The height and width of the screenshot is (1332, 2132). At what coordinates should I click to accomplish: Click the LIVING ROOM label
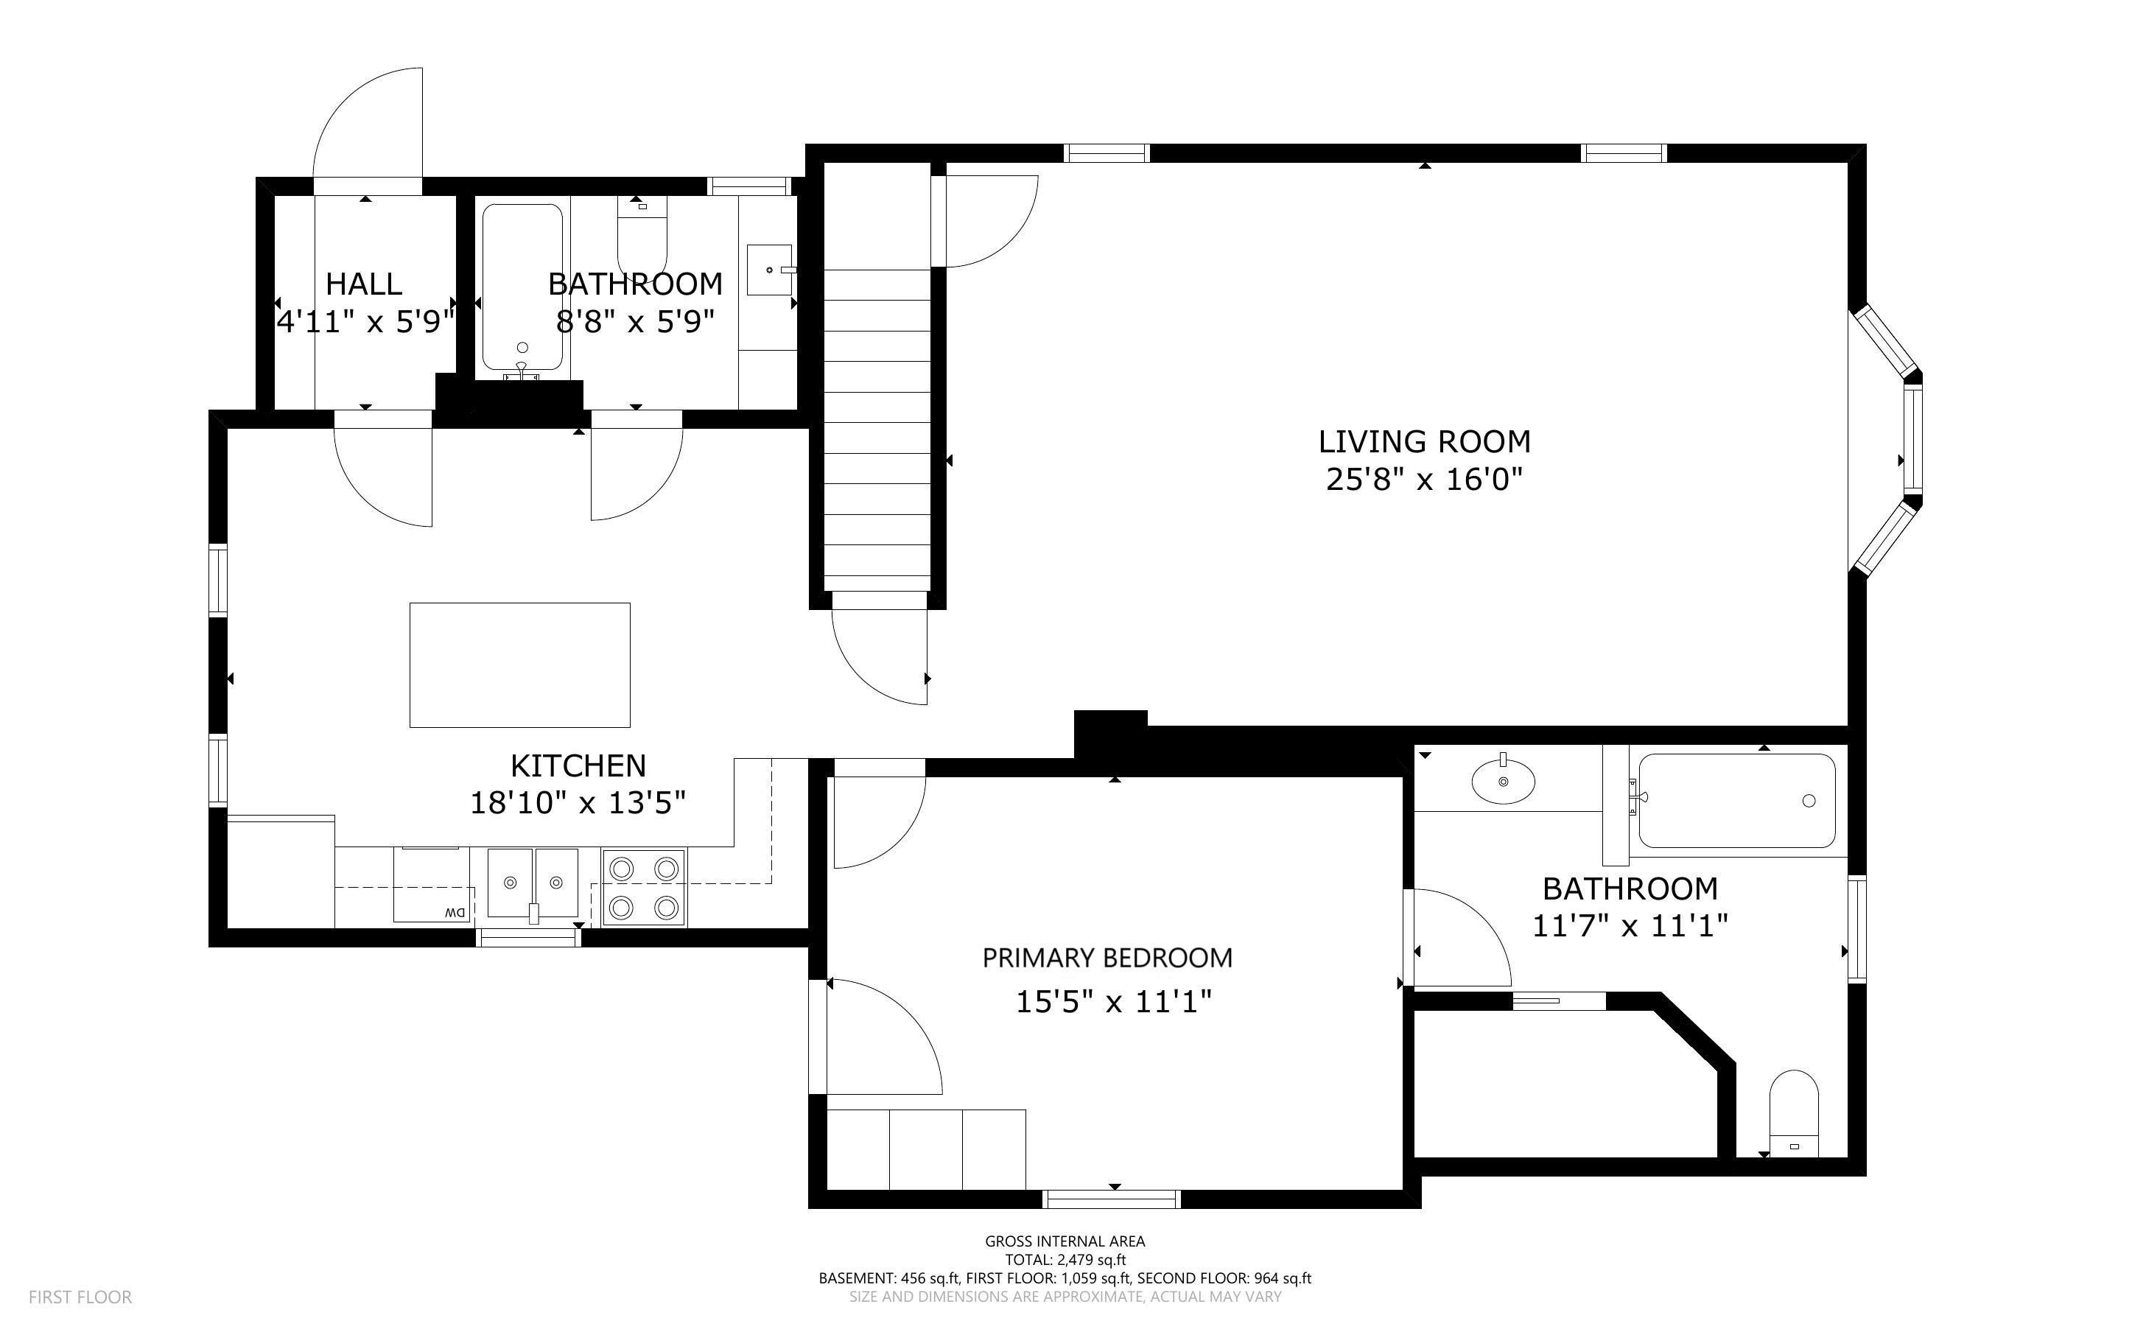[x=1424, y=441]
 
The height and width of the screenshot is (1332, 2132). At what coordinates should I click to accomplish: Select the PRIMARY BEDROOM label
[x=1107, y=958]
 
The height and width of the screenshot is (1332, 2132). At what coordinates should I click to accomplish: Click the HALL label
[x=364, y=284]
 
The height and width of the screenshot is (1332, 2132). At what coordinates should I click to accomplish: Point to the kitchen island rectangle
[x=519, y=665]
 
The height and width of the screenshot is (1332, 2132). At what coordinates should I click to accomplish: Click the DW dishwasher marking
[x=455, y=913]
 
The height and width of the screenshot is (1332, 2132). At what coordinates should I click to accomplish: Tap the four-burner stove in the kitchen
[x=644, y=887]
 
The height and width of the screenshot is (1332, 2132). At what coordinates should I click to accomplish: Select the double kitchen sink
[x=533, y=883]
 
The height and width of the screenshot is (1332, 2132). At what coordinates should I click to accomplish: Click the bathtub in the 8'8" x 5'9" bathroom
[x=522, y=288]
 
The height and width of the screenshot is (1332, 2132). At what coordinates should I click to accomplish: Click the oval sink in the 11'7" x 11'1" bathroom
[x=1504, y=782]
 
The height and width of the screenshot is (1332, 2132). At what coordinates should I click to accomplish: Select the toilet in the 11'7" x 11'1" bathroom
[x=1794, y=1113]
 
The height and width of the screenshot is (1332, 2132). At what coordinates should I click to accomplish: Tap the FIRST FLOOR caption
[x=80, y=1297]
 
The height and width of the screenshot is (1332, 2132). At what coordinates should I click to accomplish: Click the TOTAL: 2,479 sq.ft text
[x=1065, y=1260]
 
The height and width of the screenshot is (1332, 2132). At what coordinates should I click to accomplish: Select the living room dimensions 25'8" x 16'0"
[x=1424, y=480]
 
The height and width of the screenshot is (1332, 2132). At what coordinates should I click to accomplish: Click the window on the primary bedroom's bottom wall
[x=1112, y=1198]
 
